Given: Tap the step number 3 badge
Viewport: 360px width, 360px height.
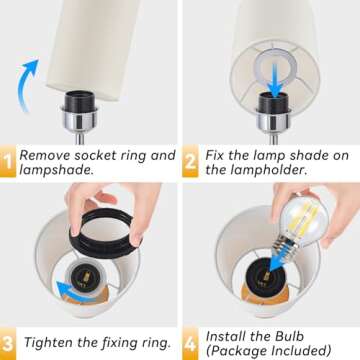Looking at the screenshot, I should coord(8,342).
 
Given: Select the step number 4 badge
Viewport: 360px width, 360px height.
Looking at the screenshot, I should coord(191,342).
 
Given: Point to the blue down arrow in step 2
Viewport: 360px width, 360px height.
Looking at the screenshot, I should coord(271,69).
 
